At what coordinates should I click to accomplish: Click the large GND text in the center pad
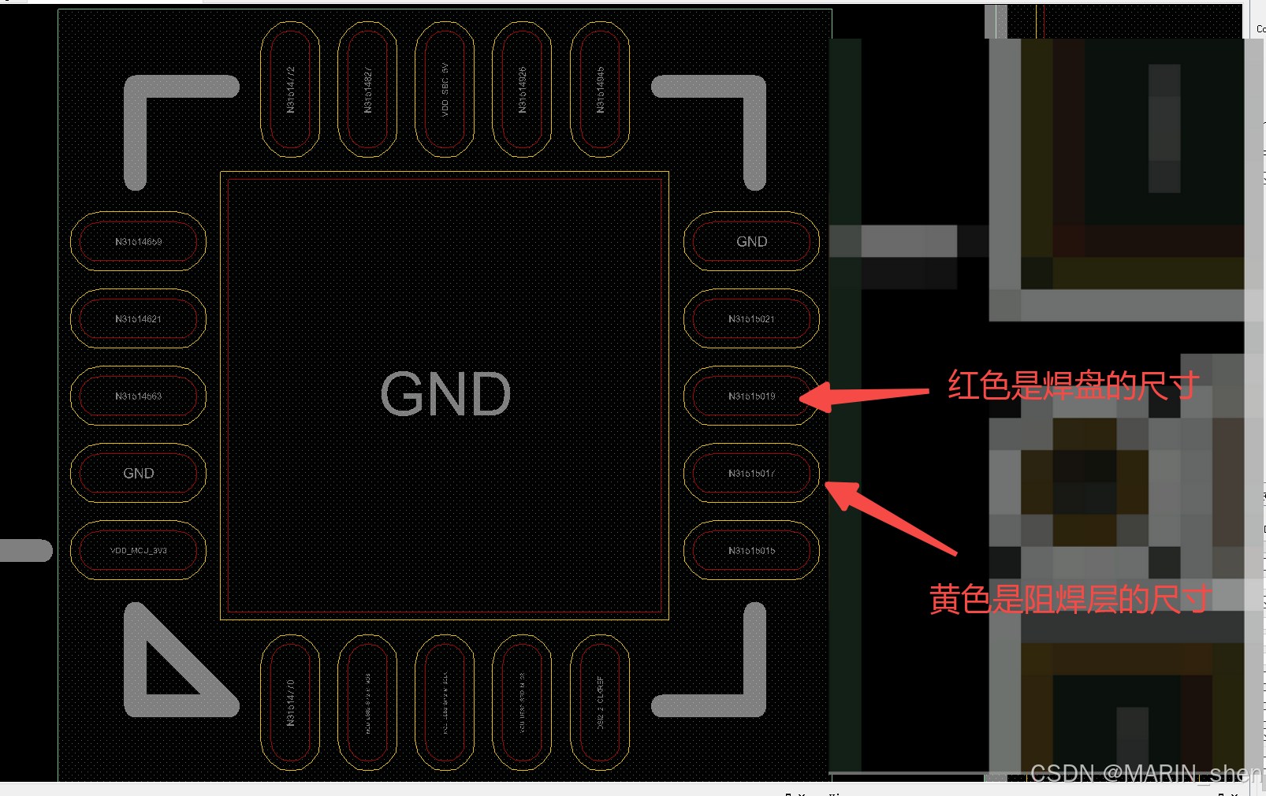coord(445,394)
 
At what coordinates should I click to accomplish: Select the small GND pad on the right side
coord(751,241)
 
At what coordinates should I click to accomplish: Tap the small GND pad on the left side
coord(138,473)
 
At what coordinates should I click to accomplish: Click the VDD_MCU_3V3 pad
coord(138,550)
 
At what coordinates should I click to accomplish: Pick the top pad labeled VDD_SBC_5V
coord(445,89)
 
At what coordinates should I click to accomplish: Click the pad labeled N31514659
coord(138,241)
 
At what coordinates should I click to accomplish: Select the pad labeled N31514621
coord(138,318)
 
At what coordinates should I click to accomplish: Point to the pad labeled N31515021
coord(751,318)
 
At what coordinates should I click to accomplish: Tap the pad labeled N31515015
coord(751,550)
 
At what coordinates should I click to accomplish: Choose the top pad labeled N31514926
coord(522,89)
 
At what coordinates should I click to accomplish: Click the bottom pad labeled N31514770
coord(290,703)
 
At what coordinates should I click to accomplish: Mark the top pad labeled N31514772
coord(290,89)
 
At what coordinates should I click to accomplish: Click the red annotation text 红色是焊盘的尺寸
coord(1074,386)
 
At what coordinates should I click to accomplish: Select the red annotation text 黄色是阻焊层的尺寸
coord(1070,600)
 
